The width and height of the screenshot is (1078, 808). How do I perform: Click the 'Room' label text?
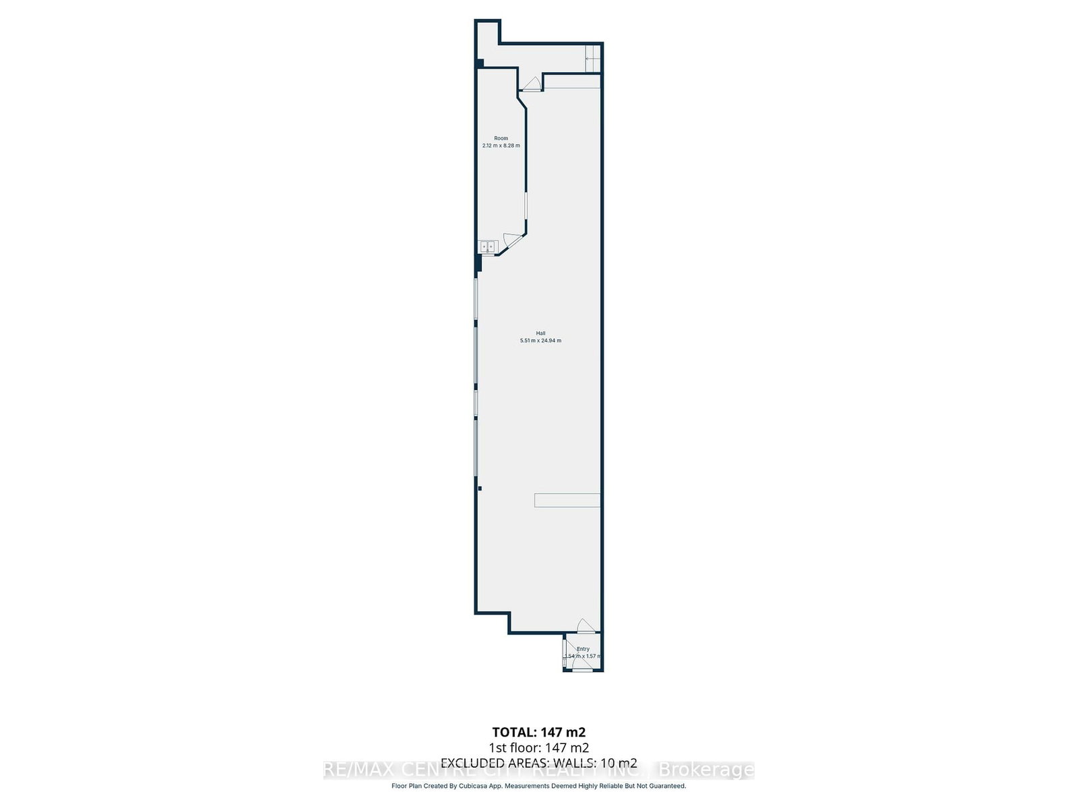click(x=501, y=138)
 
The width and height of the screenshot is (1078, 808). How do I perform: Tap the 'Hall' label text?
click(x=540, y=333)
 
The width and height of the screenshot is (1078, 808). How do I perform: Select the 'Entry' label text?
click(x=583, y=649)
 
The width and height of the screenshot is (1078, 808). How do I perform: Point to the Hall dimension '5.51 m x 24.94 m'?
click(x=540, y=341)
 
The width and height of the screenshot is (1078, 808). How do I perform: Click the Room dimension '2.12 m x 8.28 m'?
click(x=501, y=145)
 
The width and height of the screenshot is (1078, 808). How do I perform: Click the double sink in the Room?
click(x=486, y=246)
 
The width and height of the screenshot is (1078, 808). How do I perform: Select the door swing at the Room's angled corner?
click(x=511, y=240)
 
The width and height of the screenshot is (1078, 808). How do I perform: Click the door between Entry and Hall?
click(x=586, y=626)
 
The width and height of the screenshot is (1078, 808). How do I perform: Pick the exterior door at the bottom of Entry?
click(x=581, y=669)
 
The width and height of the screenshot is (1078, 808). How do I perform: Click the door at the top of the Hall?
click(x=532, y=85)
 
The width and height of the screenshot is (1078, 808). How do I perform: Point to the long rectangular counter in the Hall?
click(x=567, y=500)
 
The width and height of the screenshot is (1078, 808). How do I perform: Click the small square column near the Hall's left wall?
click(x=479, y=488)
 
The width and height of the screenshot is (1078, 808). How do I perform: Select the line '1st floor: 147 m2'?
click(x=539, y=747)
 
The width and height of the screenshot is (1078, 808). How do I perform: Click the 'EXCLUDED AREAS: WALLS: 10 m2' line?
click(x=539, y=763)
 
